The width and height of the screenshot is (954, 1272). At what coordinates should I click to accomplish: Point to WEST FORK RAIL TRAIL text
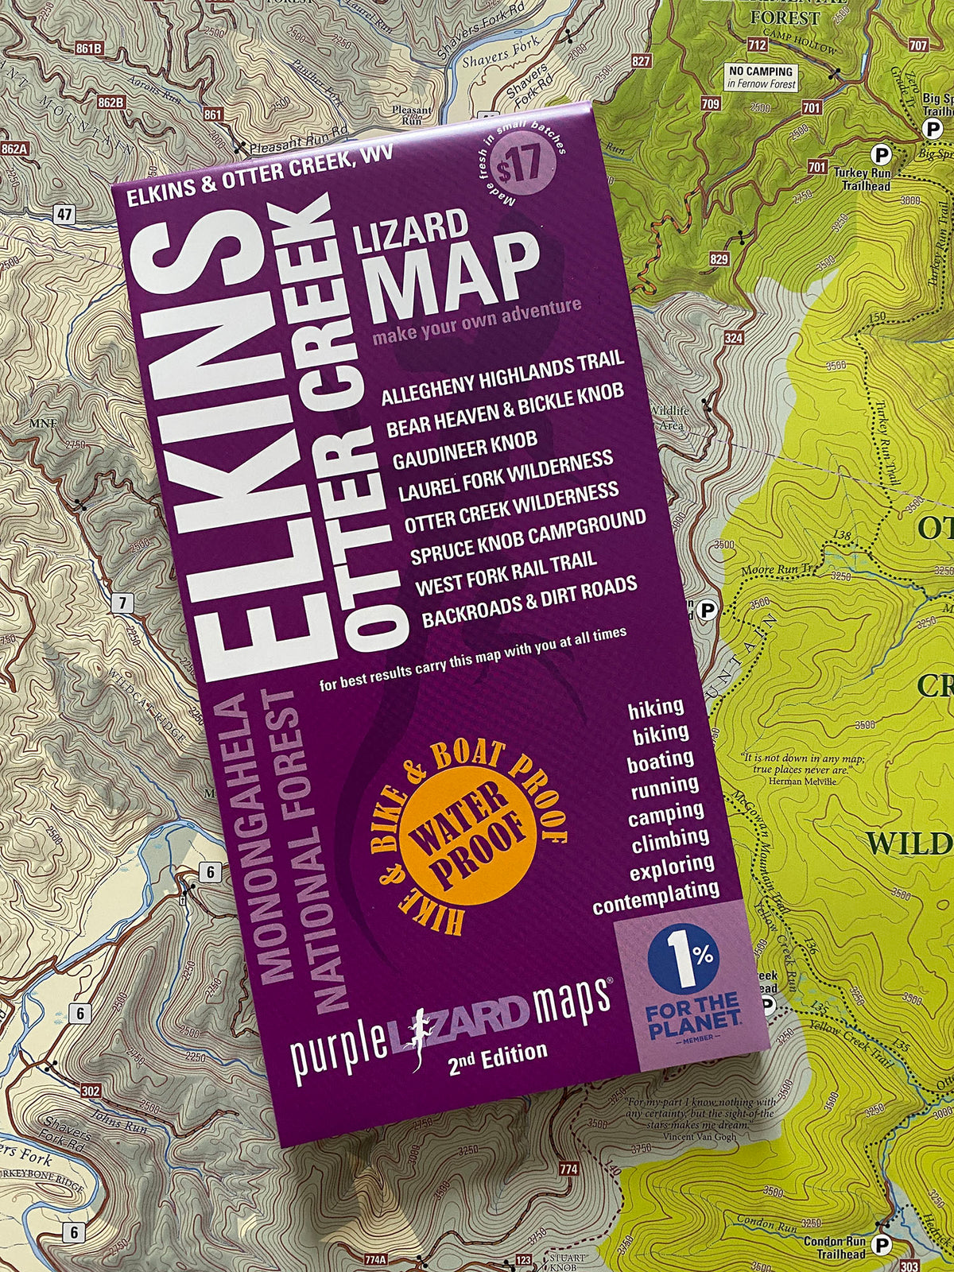pyautogui.click(x=506, y=573)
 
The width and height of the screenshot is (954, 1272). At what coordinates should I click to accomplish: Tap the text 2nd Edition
pyautogui.click(x=498, y=1057)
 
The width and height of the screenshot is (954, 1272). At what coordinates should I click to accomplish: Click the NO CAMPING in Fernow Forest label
pyautogui.click(x=761, y=77)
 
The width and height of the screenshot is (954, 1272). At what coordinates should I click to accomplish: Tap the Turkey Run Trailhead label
pyautogui.click(x=862, y=179)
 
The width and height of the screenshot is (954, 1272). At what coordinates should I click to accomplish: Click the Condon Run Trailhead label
pyautogui.click(x=834, y=1247)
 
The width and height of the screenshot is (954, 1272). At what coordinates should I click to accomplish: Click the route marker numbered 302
pyautogui.click(x=91, y=1092)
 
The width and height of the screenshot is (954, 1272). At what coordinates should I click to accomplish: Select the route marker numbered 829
pyautogui.click(x=719, y=259)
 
